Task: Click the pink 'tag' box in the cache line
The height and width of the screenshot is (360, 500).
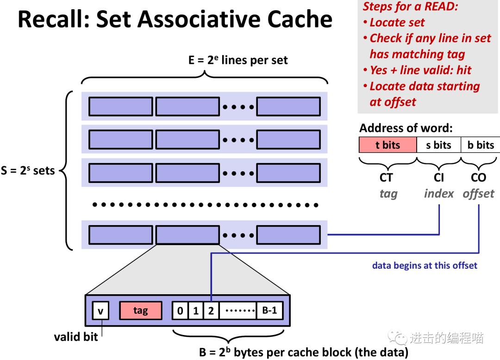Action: [140, 310]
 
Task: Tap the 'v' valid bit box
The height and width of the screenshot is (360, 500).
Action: [100, 310]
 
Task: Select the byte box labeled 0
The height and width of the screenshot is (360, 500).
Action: [180, 310]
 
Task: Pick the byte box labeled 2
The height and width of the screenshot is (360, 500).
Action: [211, 310]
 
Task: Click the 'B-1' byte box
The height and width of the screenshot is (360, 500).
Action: [269, 310]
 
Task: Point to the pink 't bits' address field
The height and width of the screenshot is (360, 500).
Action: [387, 145]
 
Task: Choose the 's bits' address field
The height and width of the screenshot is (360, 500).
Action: [438, 145]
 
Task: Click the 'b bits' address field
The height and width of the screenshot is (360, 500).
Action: [480, 145]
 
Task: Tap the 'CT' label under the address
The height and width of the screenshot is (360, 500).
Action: [386, 177]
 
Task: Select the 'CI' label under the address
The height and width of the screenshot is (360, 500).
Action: [438, 177]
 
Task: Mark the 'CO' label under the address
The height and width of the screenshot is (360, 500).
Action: [478, 177]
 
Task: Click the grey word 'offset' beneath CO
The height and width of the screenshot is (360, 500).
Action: [478, 194]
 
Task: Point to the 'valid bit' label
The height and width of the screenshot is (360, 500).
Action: [76, 337]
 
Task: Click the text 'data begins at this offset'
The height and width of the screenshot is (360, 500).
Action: [425, 266]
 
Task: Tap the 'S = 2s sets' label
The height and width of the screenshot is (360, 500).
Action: [28, 171]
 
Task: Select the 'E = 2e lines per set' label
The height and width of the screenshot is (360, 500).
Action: [238, 60]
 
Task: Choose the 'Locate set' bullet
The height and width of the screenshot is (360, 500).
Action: [397, 22]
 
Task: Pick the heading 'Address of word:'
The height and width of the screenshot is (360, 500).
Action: [406, 128]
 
